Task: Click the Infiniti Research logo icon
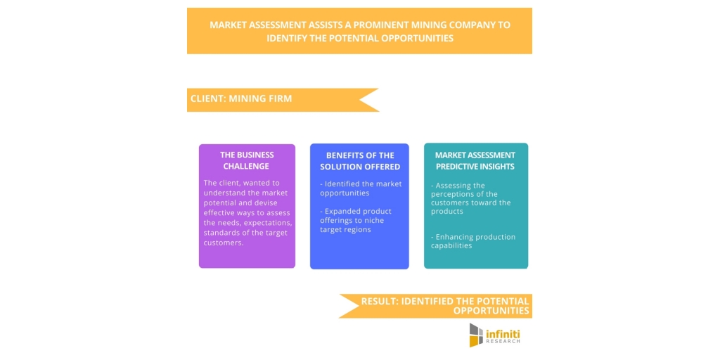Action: coord(476,335)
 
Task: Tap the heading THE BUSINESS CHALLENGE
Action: coord(247,160)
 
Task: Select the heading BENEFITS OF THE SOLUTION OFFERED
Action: coord(359,161)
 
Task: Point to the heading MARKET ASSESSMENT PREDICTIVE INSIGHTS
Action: coord(476,161)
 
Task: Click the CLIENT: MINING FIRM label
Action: coord(241,98)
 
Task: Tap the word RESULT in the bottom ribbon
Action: coord(379,301)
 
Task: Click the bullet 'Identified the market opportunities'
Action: coord(361,188)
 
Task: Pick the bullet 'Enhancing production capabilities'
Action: coord(473,241)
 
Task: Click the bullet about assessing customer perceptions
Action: coord(470,198)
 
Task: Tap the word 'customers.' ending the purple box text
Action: coord(224,243)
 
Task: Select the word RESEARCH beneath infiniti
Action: coord(503,342)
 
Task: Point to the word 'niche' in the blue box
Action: coord(374,220)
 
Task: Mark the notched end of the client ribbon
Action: coord(359,100)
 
